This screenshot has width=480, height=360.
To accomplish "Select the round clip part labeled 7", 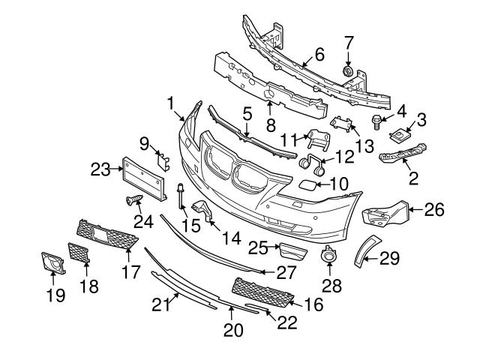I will coord(347,71).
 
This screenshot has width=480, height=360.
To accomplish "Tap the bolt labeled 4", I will coord(376,121).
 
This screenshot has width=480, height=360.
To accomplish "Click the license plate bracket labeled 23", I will coord(144,178).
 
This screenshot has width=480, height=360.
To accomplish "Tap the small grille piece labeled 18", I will coord(79,253).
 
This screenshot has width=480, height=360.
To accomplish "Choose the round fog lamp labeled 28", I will coord(328,257).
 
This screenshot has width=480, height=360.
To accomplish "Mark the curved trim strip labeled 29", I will coord(367,250).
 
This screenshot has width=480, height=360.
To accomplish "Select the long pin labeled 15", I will coord(181,196).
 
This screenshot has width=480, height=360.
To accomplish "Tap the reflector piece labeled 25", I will coord(292,251).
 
